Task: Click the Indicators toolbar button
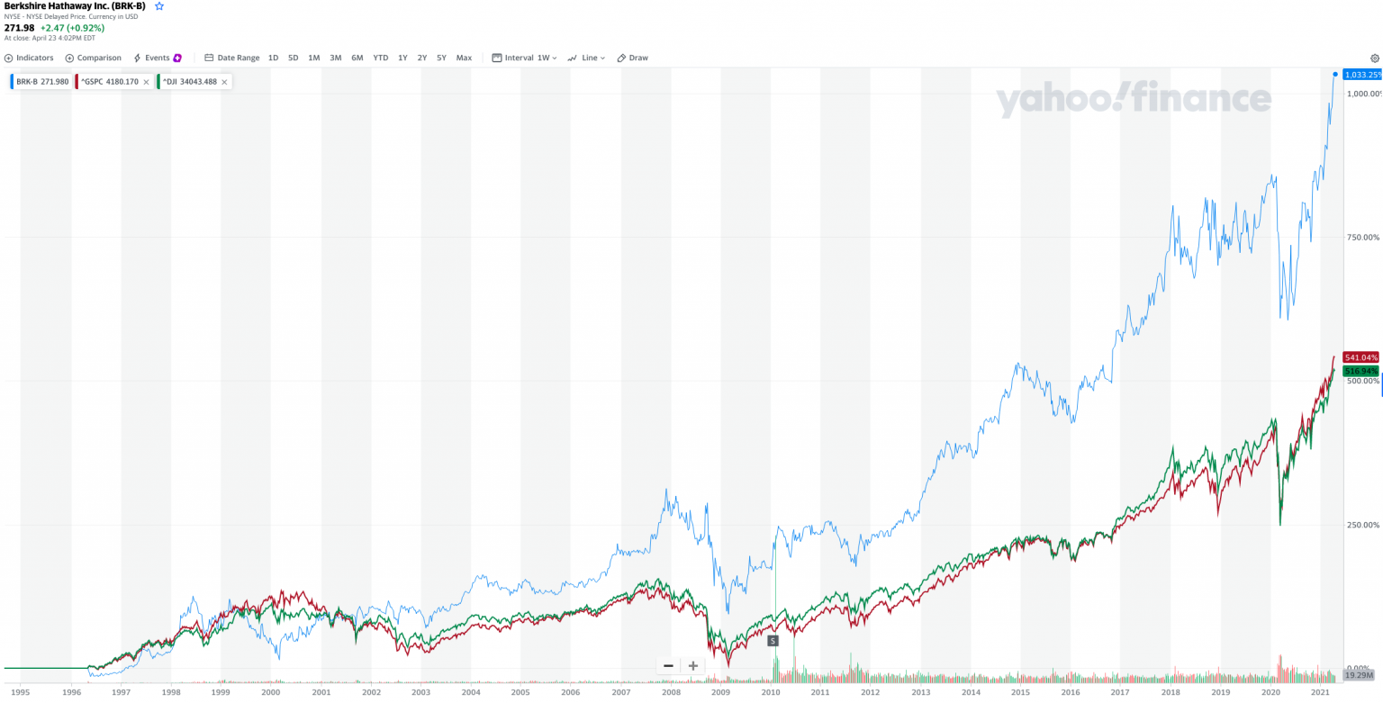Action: (29, 58)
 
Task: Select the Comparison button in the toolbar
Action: (94, 58)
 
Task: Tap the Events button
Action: (158, 58)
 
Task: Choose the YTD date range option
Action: (381, 58)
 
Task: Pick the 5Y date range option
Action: (441, 58)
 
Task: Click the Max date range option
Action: (464, 58)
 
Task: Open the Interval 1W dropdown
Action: (525, 58)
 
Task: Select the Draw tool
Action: (633, 58)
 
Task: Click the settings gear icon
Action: (1374, 58)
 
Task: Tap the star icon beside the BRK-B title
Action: (159, 6)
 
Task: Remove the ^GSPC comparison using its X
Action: (146, 82)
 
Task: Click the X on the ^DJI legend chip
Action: (224, 82)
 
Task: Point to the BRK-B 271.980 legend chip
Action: (41, 82)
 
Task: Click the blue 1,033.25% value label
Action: (1361, 75)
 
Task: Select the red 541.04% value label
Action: (1360, 357)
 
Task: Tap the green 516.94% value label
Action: (1360, 371)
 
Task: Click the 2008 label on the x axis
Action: (670, 692)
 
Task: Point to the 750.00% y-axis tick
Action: (1361, 238)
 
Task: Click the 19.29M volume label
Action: (1358, 675)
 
